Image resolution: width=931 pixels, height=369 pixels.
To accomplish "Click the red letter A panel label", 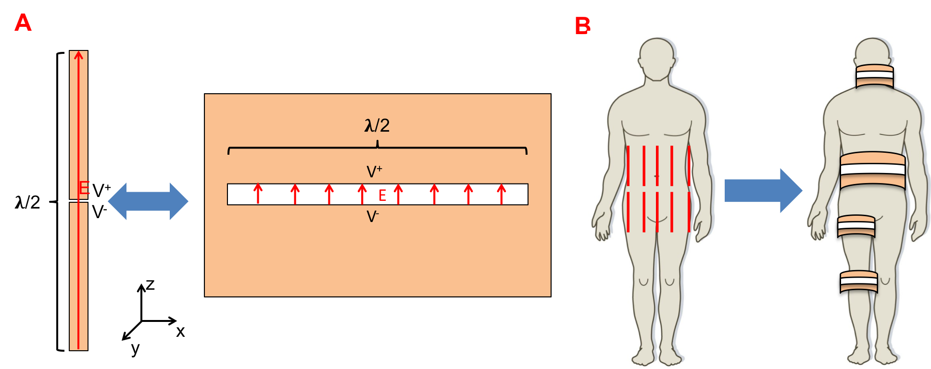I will (23, 23).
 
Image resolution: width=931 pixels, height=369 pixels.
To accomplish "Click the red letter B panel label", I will (582, 25).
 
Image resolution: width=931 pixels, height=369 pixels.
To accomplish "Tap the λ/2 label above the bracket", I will (377, 126).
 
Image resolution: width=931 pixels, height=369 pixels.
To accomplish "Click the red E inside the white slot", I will (382, 195).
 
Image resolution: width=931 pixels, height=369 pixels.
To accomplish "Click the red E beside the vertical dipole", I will (85, 188).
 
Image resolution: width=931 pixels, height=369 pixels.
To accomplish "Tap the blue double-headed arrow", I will (148, 201).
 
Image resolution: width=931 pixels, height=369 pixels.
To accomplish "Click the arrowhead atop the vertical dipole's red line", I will (78, 55).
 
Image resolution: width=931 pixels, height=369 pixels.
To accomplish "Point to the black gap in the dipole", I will (78, 201).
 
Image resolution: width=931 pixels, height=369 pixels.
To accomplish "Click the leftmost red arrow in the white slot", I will (258, 193).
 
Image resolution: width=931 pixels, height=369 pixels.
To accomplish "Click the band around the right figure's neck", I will (874, 76).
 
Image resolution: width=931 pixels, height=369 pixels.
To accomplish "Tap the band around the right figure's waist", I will (872, 170).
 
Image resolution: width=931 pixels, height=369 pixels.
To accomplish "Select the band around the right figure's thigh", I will (856, 226).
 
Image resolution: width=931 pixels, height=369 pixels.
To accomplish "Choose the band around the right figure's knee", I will (858, 282).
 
